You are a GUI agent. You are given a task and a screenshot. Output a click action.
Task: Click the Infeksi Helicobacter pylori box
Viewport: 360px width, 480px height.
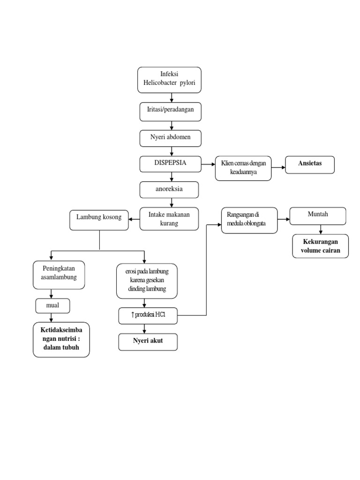pos(169,80)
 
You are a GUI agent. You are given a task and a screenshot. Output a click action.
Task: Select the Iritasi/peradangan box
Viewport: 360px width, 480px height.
pos(171,112)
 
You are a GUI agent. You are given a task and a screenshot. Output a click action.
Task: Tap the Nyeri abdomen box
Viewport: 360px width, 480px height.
pos(171,138)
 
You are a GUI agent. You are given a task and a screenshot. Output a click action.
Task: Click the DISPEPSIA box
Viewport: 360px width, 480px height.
pos(171,164)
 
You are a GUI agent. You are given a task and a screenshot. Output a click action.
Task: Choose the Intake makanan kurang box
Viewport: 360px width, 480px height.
pos(170,219)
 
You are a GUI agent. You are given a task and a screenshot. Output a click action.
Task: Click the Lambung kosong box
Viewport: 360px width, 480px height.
pos(99,219)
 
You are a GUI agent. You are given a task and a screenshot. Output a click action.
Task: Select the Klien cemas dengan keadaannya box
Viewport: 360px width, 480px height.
pos(244,168)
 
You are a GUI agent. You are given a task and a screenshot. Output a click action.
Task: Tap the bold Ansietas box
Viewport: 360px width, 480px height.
pos(310,165)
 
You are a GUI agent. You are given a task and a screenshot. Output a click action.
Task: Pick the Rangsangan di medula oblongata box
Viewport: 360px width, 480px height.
pos(249,220)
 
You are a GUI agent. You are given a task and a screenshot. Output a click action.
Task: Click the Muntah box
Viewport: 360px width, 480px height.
pos(318,216)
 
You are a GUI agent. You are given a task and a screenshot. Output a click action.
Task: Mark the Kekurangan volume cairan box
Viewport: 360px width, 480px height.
pos(321,247)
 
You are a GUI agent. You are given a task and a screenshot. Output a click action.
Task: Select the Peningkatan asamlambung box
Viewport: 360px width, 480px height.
pos(59,274)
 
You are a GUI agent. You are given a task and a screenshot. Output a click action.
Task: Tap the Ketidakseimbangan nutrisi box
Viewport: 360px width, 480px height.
pos(61,340)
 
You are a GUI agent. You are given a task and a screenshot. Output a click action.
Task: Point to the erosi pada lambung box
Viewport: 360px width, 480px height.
pos(147,281)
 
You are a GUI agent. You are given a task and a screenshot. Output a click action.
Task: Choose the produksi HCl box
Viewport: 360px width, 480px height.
pos(148,316)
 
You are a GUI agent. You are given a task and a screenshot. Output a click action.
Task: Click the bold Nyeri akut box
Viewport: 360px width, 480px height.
pos(148,342)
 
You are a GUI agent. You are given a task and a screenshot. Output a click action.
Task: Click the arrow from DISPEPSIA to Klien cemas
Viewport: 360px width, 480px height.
pos(208,165)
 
